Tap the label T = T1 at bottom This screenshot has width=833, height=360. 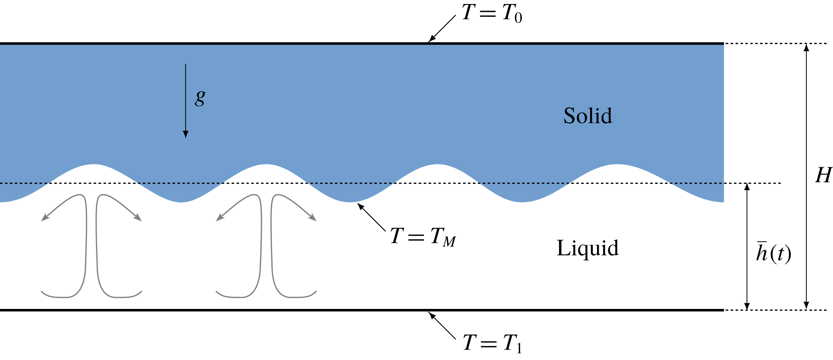[492, 343]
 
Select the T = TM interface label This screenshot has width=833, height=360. [423, 237]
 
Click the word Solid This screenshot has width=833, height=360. [588, 116]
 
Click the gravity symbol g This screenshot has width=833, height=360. [200, 98]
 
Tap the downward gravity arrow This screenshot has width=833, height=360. [185, 101]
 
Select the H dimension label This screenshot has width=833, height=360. [823, 175]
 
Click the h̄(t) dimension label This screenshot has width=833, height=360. [773, 253]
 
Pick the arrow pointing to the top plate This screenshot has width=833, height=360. [442, 29]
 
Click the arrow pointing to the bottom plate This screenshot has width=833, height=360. [442, 325]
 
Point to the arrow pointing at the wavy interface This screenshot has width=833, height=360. [371, 217]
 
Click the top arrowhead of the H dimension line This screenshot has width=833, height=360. [806, 48]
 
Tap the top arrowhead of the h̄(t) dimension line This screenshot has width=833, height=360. [747, 187]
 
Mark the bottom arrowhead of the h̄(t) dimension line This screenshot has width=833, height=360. [747, 306]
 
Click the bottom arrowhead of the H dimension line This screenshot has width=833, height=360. [806, 306]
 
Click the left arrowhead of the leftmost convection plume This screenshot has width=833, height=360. [45, 218]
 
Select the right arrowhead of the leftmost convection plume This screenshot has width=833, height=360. [138, 218]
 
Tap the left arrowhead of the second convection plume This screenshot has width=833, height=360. [220, 218]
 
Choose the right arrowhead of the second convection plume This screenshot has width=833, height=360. [313, 218]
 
